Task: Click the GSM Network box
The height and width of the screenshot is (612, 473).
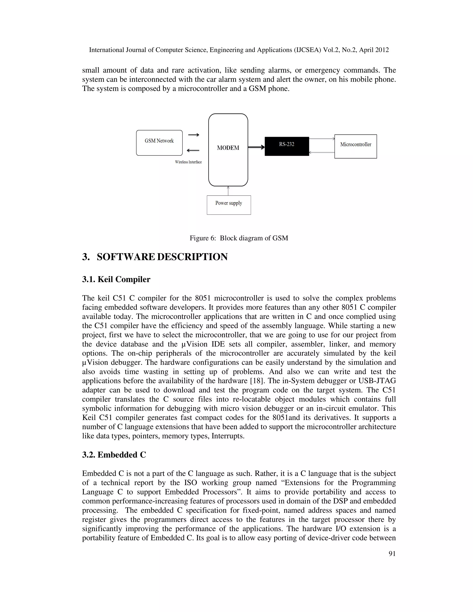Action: click(159, 143)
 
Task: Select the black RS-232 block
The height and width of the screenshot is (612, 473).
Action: click(287, 146)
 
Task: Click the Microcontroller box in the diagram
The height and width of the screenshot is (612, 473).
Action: click(355, 146)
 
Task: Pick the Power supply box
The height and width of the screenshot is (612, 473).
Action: click(229, 205)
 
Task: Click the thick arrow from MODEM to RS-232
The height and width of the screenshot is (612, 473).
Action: click(256, 147)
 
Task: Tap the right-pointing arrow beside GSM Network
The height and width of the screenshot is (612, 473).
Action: click(193, 135)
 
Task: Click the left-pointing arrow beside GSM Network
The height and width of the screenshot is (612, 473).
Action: click(193, 151)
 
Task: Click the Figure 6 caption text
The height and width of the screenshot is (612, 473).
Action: click(239, 238)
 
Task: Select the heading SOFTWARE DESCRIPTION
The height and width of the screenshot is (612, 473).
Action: click(162, 257)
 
